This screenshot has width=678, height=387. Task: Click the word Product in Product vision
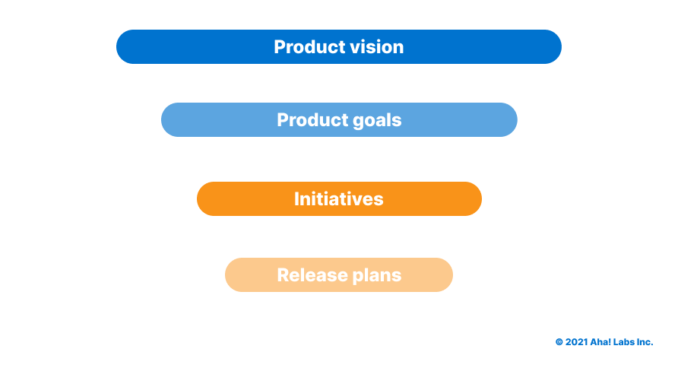[309, 46]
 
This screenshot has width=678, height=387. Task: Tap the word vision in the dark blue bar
[376, 46]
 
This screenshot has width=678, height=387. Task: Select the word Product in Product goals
[312, 120]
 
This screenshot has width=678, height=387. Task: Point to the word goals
[377, 121]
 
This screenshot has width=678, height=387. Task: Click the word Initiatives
[339, 199]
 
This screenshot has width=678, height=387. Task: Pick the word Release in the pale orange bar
[312, 275]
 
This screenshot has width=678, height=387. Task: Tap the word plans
[376, 276]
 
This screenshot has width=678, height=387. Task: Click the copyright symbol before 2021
[559, 342]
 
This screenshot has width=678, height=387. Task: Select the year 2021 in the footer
[576, 342]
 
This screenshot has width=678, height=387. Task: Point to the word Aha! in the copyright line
[600, 342]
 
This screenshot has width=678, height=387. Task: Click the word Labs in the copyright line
[623, 342]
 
